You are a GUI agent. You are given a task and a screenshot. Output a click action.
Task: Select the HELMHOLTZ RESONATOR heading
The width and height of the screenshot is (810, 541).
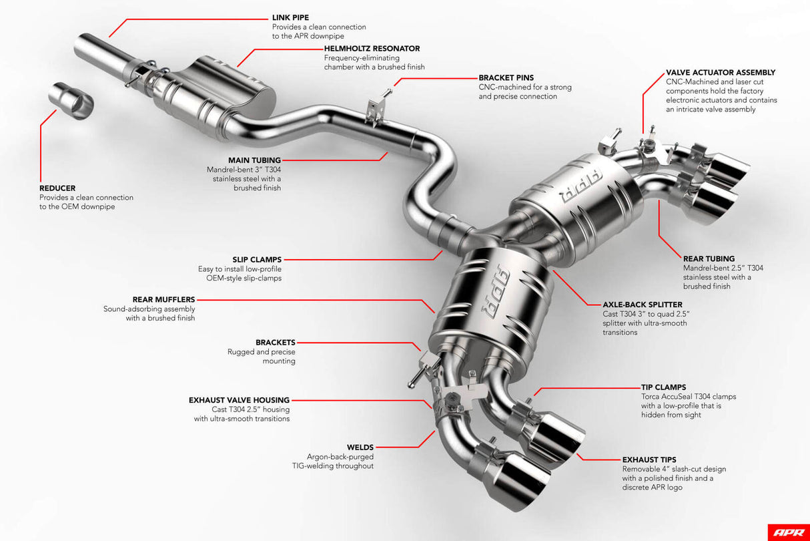(x=372, y=49)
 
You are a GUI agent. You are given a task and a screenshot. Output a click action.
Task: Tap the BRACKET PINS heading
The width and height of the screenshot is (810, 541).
(x=506, y=77)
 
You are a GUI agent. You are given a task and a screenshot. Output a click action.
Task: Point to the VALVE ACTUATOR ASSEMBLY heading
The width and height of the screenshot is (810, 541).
(x=721, y=72)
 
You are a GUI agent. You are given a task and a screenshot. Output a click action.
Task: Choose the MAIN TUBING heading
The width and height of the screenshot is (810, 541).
(x=254, y=160)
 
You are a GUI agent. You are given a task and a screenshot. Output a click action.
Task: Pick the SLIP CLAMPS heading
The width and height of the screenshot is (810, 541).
(x=257, y=259)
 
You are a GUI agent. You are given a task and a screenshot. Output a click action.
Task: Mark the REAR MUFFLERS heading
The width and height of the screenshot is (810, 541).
(x=163, y=300)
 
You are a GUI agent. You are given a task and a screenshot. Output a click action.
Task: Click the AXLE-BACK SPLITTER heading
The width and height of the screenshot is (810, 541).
(x=643, y=305)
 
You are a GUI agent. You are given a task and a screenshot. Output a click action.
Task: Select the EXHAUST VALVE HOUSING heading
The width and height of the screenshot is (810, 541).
(x=239, y=400)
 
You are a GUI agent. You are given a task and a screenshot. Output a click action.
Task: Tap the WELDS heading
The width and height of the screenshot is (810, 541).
(x=360, y=447)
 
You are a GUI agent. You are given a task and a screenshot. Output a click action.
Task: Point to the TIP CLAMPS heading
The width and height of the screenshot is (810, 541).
(x=663, y=387)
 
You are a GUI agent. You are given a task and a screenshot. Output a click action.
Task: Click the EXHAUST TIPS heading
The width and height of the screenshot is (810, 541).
(x=649, y=460)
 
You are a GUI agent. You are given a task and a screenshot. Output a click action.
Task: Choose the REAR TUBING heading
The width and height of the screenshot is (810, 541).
(x=709, y=258)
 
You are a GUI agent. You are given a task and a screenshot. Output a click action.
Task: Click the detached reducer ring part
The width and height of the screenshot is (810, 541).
(x=71, y=102)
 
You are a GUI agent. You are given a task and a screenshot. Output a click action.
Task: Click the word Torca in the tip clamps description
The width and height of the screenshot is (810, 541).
(x=653, y=396)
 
